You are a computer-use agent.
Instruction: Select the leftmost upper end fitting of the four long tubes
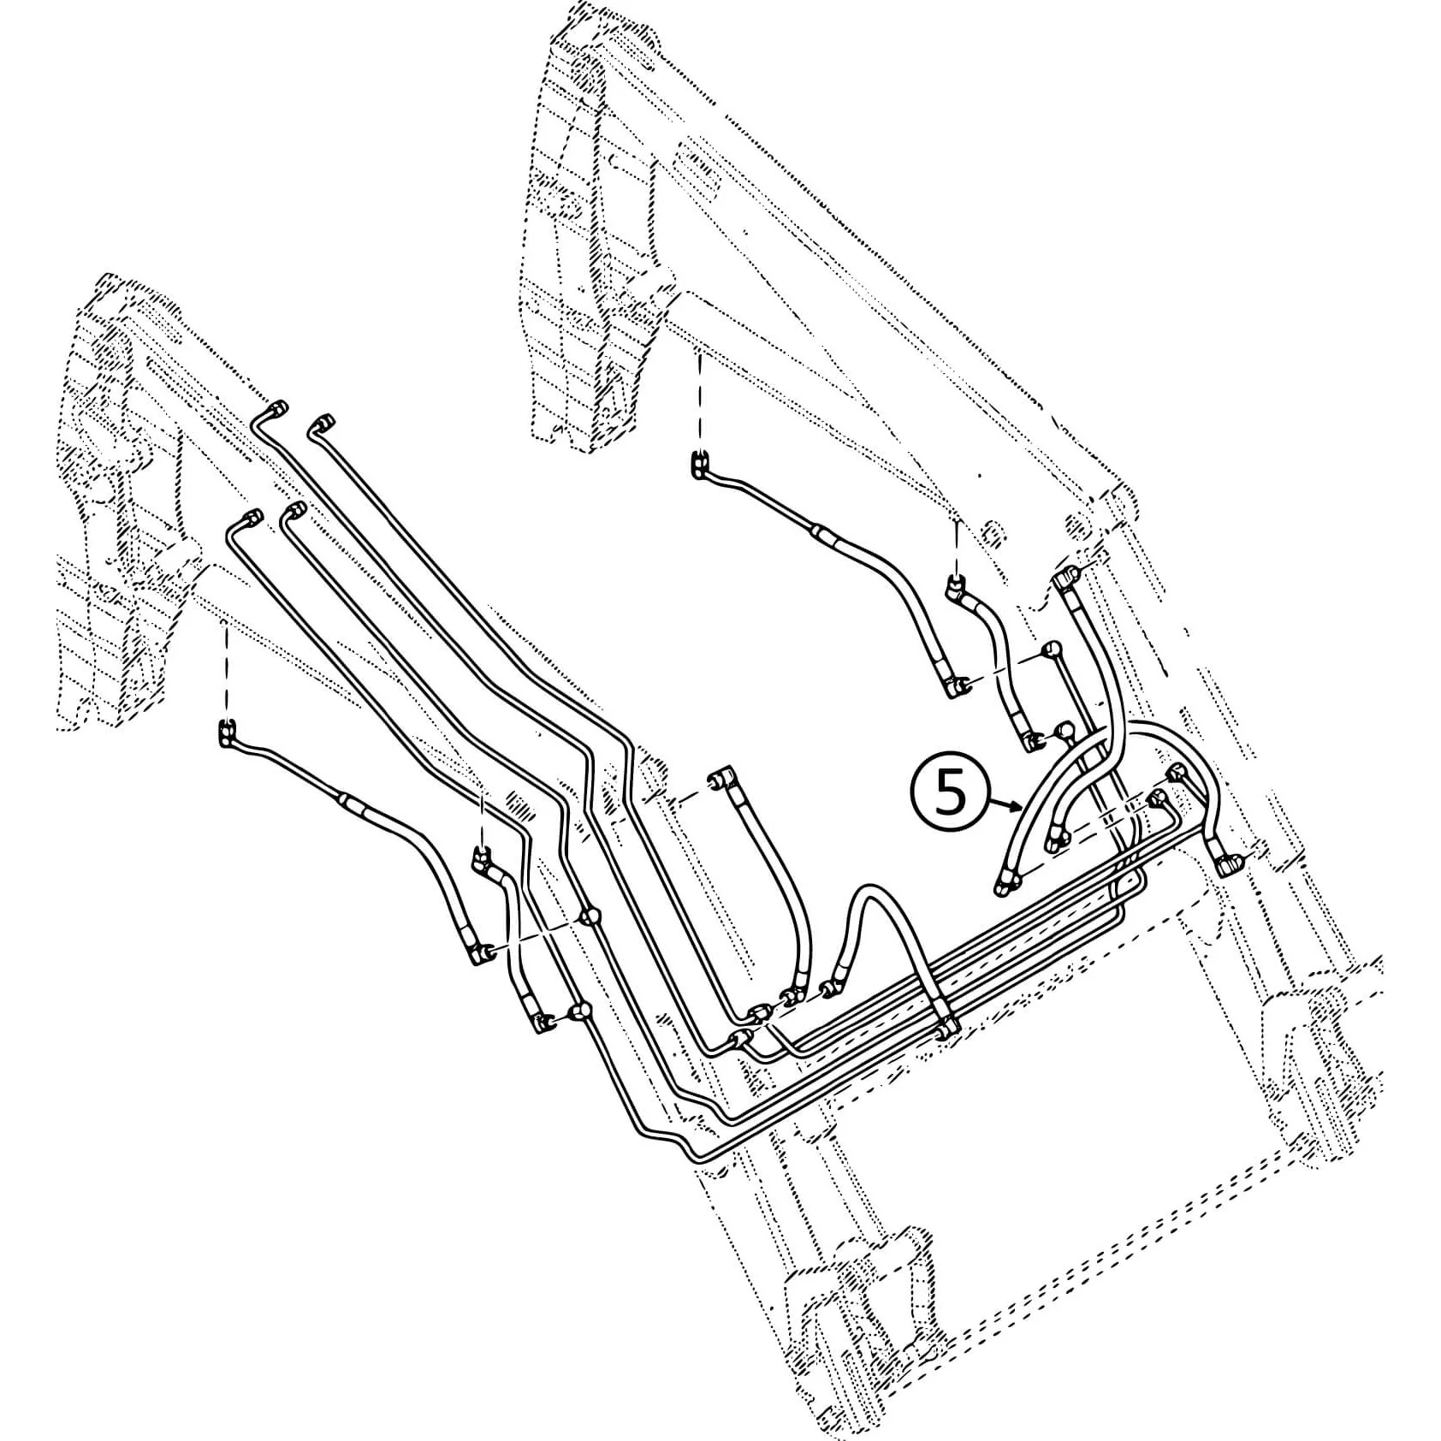[252, 516]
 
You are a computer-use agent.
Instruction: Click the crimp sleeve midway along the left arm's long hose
[355, 802]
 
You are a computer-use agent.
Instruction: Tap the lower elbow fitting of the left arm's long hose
[480, 952]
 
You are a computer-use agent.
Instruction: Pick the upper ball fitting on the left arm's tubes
[589, 918]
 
